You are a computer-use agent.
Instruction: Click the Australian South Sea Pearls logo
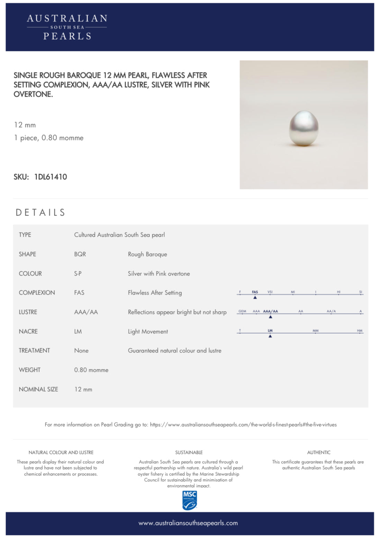click(67, 27)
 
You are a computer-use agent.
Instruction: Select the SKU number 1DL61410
click(51, 177)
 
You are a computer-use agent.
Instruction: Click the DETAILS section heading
click(40, 212)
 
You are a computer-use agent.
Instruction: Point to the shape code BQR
click(80, 254)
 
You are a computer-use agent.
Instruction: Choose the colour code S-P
click(78, 274)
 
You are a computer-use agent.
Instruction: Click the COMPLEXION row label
click(37, 293)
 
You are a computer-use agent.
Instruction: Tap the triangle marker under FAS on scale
click(255, 297)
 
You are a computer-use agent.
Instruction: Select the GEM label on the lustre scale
click(242, 311)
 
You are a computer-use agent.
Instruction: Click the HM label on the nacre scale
click(360, 331)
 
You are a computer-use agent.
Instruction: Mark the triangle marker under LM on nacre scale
click(270, 336)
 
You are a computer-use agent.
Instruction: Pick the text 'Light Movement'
click(148, 332)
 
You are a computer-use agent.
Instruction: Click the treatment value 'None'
click(81, 351)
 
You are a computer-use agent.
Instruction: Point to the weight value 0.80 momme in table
click(91, 370)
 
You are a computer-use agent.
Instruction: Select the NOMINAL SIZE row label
click(38, 389)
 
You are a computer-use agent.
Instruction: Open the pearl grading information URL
click(243, 425)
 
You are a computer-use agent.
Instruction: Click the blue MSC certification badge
click(189, 500)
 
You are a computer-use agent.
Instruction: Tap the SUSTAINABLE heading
click(189, 453)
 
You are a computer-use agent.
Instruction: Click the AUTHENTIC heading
click(319, 453)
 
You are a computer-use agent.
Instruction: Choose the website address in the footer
click(188, 523)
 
